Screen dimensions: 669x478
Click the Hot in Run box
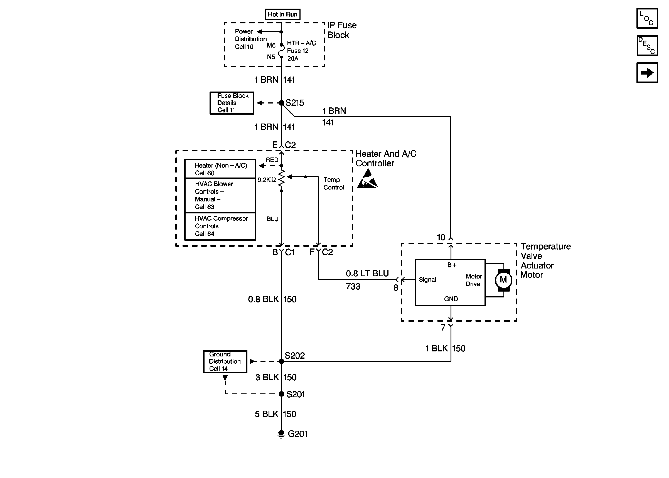[x=282, y=14]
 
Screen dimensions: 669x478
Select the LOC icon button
[x=647, y=18]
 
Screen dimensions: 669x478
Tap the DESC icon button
[x=647, y=46]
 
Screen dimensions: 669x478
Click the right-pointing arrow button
[x=647, y=73]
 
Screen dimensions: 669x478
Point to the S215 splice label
[x=295, y=103]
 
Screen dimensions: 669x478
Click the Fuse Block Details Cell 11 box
[x=231, y=103]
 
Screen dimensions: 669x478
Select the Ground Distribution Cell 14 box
[x=225, y=361]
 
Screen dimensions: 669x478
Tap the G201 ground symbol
[x=281, y=434]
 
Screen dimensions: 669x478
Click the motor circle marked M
[x=503, y=280]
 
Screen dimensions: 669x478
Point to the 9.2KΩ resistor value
[x=267, y=179]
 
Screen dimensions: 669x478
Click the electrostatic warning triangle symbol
[x=367, y=179]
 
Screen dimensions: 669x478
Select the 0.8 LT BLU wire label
[x=367, y=274]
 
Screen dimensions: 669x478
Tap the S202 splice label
[x=295, y=356]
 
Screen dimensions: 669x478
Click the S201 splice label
[x=296, y=395]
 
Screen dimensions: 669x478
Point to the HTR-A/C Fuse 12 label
[x=301, y=47]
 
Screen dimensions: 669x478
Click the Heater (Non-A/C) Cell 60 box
[x=220, y=169]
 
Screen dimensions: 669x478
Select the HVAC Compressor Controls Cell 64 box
[x=220, y=226]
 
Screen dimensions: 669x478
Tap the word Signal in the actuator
[x=427, y=280]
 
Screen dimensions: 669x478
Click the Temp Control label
[x=334, y=183]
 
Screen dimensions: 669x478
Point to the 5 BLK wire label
[x=266, y=414]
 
